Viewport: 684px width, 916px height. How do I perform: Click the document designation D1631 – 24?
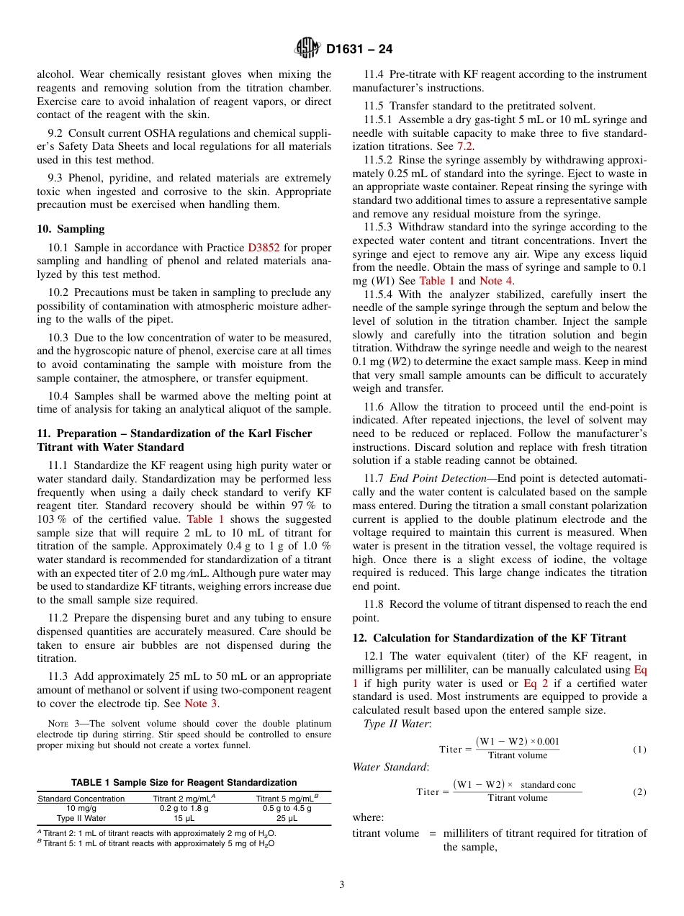(x=359, y=50)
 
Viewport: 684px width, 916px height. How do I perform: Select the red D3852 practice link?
(x=264, y=248)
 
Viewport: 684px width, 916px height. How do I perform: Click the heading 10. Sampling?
(x=71, y=229)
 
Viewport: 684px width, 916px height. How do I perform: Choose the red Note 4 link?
(x=495, y=281)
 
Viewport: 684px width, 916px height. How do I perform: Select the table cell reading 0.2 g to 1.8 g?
(x=184, y=808)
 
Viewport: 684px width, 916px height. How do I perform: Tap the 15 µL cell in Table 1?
(x=184, y=818)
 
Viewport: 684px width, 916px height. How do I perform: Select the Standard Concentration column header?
(x=81, y=798)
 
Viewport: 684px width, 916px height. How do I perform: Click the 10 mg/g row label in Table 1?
(x=81, y=808)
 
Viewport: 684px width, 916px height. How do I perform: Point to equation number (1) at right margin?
(x=639, y=749)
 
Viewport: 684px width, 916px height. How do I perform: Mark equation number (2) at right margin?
(x=639, y=791)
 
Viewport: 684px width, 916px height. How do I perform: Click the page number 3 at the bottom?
(x=342, y=885)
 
